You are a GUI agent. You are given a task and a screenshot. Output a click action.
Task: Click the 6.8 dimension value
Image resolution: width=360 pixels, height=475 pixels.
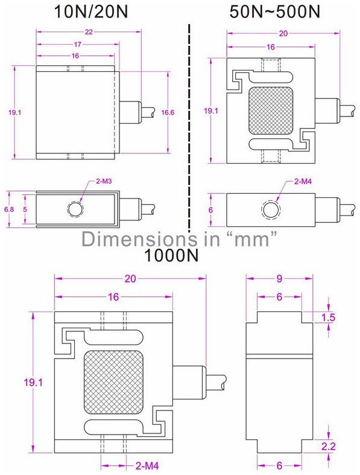click(8, 209)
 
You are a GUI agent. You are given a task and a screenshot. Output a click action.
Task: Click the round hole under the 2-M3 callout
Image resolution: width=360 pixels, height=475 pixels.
click(75, 209)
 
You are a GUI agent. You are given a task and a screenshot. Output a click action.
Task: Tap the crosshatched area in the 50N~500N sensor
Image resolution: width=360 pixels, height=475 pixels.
click(270, 110)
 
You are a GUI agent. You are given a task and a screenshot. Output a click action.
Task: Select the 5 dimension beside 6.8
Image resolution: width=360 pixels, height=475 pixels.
click(25, 209)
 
